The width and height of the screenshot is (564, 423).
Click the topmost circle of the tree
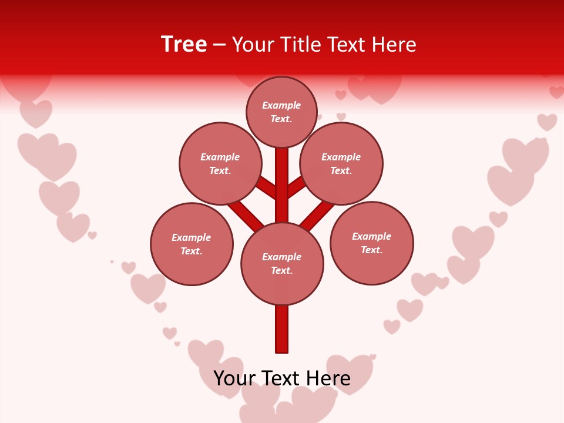point(281,112)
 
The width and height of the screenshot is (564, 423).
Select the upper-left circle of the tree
point(220,163)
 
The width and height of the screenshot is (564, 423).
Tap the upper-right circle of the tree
point(341,163)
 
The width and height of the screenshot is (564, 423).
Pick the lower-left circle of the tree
point(192,244)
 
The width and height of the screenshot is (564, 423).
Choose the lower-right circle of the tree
point(372,243)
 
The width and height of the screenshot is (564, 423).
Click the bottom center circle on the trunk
point(282,264)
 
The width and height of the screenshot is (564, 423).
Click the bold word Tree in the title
point(184,44)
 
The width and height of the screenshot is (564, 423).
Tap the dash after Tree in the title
point(219,45)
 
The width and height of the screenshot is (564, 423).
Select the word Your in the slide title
point(254,45)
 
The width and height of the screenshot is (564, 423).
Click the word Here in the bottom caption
point(326,378)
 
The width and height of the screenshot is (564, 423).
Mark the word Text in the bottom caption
point(280,378)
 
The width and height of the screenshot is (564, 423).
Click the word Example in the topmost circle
point(281,105)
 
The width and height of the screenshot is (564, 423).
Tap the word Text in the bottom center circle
point(281,271)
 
